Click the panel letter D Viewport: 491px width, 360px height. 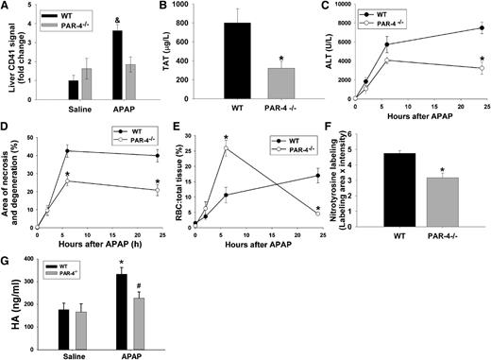[x=8, y=123]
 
